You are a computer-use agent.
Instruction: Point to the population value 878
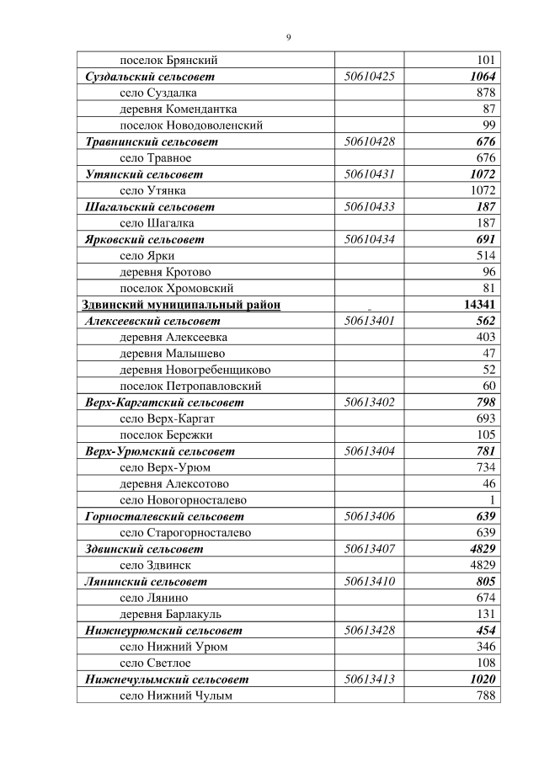[485, 93]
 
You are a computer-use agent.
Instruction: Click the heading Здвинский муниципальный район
[180, 305]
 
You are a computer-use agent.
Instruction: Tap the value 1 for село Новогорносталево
[492, 500]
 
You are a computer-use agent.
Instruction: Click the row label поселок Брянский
[169, 60]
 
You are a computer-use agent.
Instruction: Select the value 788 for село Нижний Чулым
[485, 695]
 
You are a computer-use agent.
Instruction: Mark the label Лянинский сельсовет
[147, 582]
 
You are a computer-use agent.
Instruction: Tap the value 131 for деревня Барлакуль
[485, 615]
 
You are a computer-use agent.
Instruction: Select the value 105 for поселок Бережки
[485, 435]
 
